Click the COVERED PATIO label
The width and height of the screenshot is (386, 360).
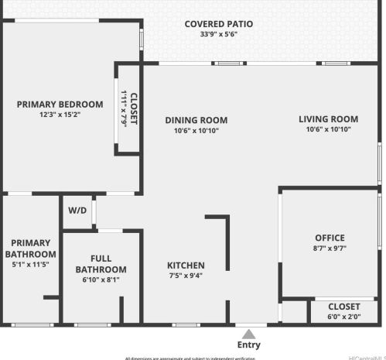(218, 24)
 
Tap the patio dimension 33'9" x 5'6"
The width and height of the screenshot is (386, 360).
(218, 34)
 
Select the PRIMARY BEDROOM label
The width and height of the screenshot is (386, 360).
(60, 105)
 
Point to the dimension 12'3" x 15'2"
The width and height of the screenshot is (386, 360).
(60, 115)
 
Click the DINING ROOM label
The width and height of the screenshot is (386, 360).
(196, 120)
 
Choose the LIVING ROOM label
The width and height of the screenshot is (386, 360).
(329, 119)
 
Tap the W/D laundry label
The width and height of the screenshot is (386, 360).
(77, 211)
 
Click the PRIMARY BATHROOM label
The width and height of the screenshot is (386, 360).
(31, 249)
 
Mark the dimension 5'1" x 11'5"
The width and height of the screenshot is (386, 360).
(31, 264)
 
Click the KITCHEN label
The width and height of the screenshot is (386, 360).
(186, 266)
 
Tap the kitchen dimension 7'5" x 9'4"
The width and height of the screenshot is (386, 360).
(186, 276)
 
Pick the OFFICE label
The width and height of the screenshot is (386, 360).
(330, 238)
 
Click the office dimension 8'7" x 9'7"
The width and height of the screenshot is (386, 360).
(330, 249)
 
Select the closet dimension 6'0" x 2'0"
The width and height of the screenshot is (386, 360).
(344, 316)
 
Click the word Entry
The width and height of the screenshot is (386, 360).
(248, 345)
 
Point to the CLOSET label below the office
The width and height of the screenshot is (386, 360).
(344, 307)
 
